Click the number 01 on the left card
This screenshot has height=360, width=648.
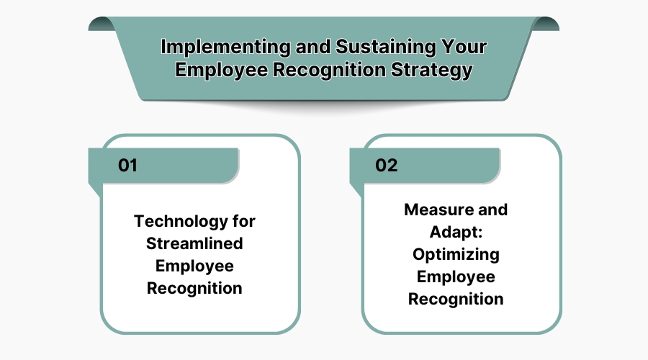pyautogui.click(x=127, y=165)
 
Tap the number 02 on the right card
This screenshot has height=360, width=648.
pyautogui.click(x=387, y=165)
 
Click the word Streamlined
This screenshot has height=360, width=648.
pyautogui.click(x=194, y=243)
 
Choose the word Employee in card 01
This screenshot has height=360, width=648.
pyautogui.click(x=194, y=266)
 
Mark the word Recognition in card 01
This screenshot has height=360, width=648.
pyautogui.click(x=194, y=288)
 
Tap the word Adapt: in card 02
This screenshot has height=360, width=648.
pyautogui.click(x=456, y=232)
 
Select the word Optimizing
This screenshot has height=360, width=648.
pyautogui.click(x=456, y=254)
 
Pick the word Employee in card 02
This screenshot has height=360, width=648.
pyautogui.click(x=456, y=276)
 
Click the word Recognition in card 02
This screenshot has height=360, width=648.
pyautogui.click(x=456, y=299)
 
